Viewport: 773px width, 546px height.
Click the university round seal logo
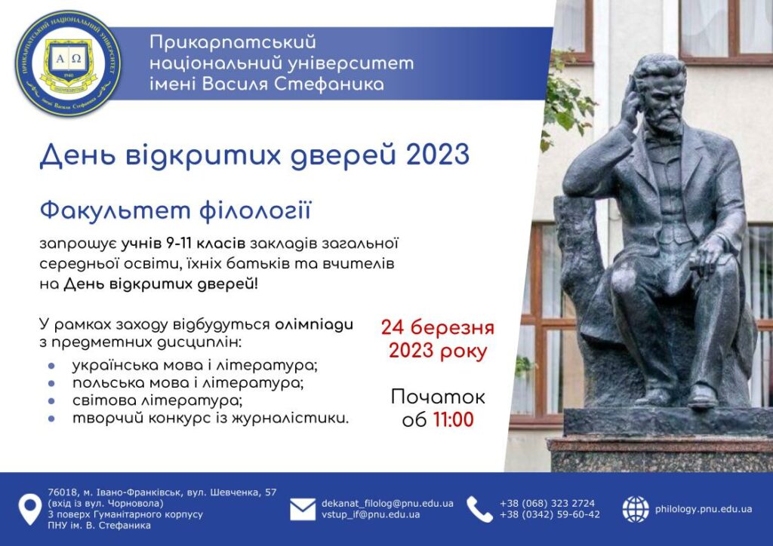click(x=68, y=63)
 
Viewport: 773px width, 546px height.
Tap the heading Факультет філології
click(x=175, y=210)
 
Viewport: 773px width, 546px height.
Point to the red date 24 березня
click(x=437, y=327)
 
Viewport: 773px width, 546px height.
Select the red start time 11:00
click(x=454, y=420)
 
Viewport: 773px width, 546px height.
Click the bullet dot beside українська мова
click(x=52, y=366)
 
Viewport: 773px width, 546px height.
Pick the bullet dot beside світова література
click(x=52, y=401)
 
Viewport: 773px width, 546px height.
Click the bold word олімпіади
click(x=314, y=325)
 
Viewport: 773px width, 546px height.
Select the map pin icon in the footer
click(x=29, y=509)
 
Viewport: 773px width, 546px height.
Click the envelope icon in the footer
click(x=303, y=509)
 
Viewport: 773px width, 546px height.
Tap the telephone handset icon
click(x=479, y=509)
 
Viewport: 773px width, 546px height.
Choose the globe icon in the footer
click(x=636, y=509)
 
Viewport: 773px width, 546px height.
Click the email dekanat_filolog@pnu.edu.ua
click(x=387, y=504)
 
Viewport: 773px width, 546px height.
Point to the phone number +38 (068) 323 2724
click(x=547, y=504)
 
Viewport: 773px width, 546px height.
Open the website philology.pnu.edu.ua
click(x=704, y=509)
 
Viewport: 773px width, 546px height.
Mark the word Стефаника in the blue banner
click(x=329, y=84)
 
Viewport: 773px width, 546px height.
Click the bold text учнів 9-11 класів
click(x=183, y=244)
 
